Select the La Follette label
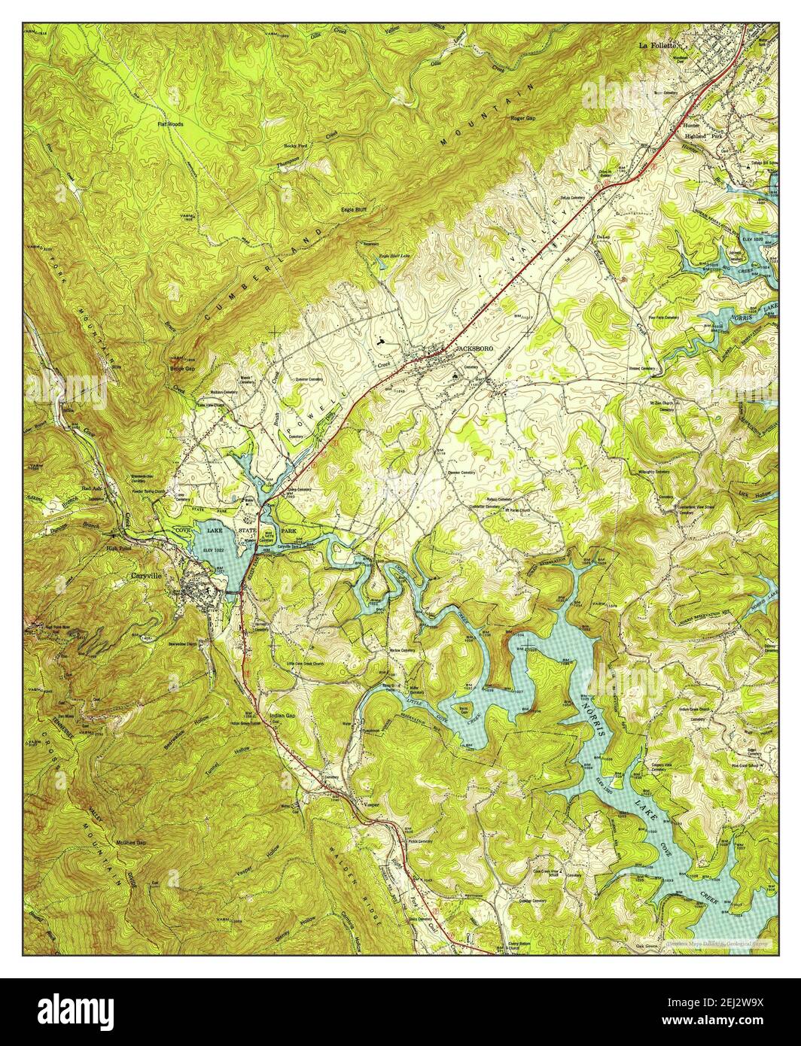click(x=660, y=46)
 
